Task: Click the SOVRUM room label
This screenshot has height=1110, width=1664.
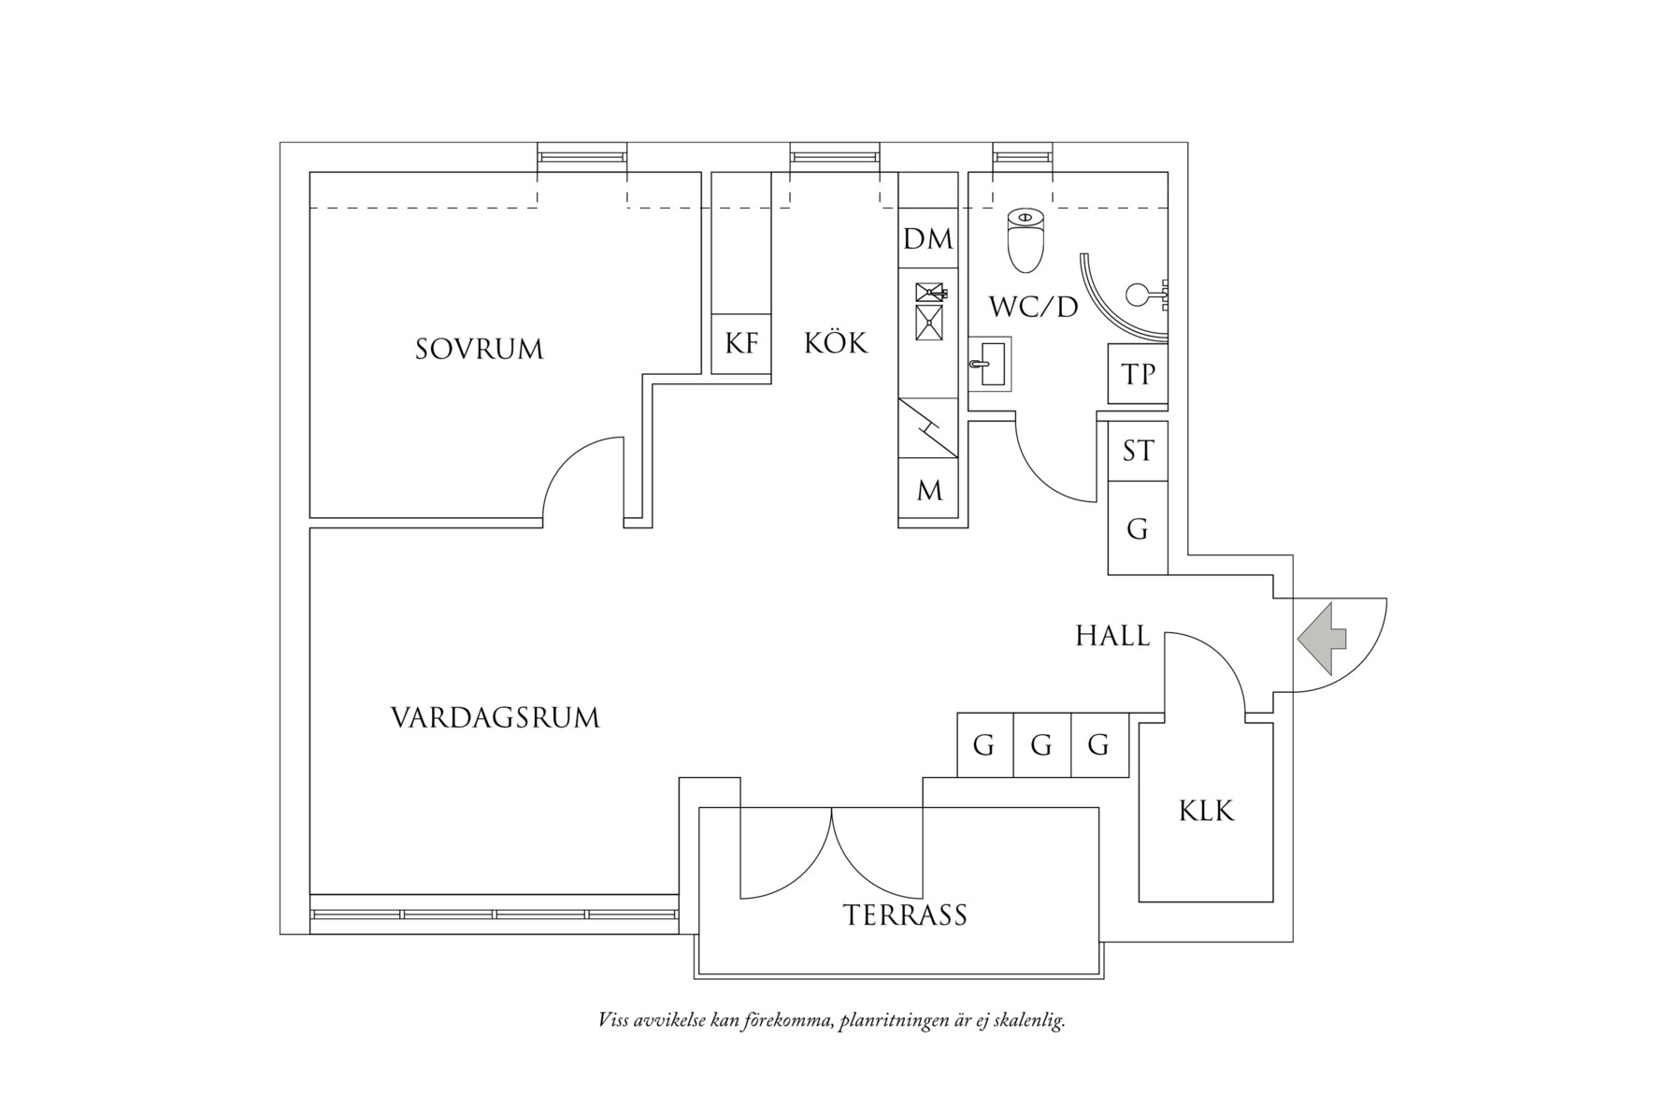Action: click(479, 350)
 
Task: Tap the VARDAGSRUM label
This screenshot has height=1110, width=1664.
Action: click(495, 718)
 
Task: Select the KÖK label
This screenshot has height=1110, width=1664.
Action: click(836, 343)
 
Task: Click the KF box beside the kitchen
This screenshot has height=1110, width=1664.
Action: click(741, 344)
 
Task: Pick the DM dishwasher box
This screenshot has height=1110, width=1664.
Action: click(927, 239)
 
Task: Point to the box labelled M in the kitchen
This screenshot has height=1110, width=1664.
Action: click(928, 491)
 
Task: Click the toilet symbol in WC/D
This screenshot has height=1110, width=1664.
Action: click(1026, 239)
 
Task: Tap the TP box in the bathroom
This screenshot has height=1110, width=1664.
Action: click(1138, 374)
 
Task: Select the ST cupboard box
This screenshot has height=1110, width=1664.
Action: click(1138, 452)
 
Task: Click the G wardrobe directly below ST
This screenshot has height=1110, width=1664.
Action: click(1137, 529)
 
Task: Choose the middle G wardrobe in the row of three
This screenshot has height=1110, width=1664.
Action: click(1041, 746)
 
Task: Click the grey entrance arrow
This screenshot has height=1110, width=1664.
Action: click(1321, 639)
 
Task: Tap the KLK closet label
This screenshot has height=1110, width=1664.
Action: click(1206, 811)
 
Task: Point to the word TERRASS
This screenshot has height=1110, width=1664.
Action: click(904, 915)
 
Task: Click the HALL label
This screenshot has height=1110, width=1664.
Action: click(1112, 637)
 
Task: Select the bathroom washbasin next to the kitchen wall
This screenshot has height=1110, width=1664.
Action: click(990, 364)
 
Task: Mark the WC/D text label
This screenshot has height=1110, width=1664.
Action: click(1033, 307)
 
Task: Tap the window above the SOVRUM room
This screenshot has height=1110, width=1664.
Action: click(581, 156)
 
